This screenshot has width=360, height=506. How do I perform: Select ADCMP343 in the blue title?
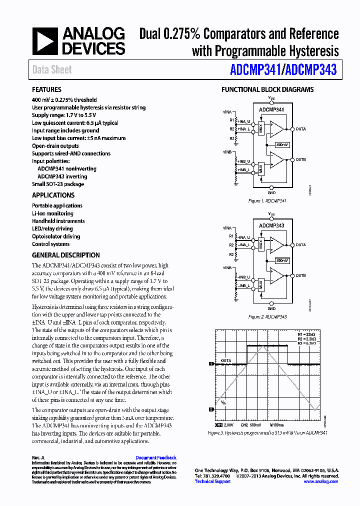click(x=311, y=70)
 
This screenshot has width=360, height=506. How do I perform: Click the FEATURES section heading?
click(x=46, y=89)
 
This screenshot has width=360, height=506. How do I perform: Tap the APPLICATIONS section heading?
click(x=53, y=195)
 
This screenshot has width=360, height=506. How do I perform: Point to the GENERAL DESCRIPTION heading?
click(x=66, y=254)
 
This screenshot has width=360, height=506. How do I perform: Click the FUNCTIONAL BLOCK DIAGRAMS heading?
click(x=267, y=89)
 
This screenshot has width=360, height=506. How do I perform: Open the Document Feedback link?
click(x=156, y=457)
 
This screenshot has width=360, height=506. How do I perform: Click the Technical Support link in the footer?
click(x=212, y=481)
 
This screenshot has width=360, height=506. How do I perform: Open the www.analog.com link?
click(x=320, y=481)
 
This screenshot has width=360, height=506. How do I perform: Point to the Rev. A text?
click(x=38, y=457)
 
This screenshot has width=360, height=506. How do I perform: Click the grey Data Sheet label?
click(x=52, y=70)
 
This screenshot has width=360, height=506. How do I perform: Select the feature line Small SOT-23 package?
click(x=58, y=184)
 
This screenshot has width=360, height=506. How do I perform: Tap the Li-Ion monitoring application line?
click(x=52, y=213)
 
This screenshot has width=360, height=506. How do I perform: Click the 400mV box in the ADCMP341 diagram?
click(x=282, y=144)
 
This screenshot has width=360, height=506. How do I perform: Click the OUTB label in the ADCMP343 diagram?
click(x=300, y=275)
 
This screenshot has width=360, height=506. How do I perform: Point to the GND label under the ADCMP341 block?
click(x=271, y=192)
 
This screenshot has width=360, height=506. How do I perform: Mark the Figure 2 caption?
click(x=267, y=317)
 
